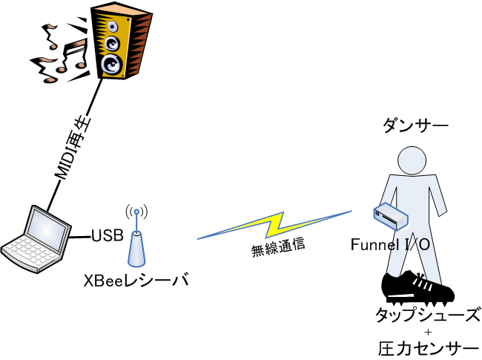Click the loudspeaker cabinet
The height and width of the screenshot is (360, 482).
coord(122,42)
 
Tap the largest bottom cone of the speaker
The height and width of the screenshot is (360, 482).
coord(112,65)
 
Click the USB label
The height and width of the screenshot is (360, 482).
coord(108,235)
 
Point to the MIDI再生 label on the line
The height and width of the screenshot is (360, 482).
coord(73,148)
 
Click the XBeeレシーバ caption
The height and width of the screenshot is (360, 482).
coord(136,280)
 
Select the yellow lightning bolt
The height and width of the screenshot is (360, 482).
coord(274,225)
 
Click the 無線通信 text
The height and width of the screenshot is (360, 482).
coord(278,247)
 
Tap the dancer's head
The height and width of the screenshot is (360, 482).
coord(412,160)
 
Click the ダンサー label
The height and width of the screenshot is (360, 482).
coord(415,125)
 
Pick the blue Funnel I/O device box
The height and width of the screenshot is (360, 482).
coord(391,217)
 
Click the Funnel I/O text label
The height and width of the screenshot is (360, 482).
coord(390,245)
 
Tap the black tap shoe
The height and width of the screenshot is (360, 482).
coord(417,288)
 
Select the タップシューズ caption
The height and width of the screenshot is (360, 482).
coord(428,315)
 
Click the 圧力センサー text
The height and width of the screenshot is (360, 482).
coord(429,349)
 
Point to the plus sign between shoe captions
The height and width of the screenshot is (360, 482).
coord(428,333)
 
